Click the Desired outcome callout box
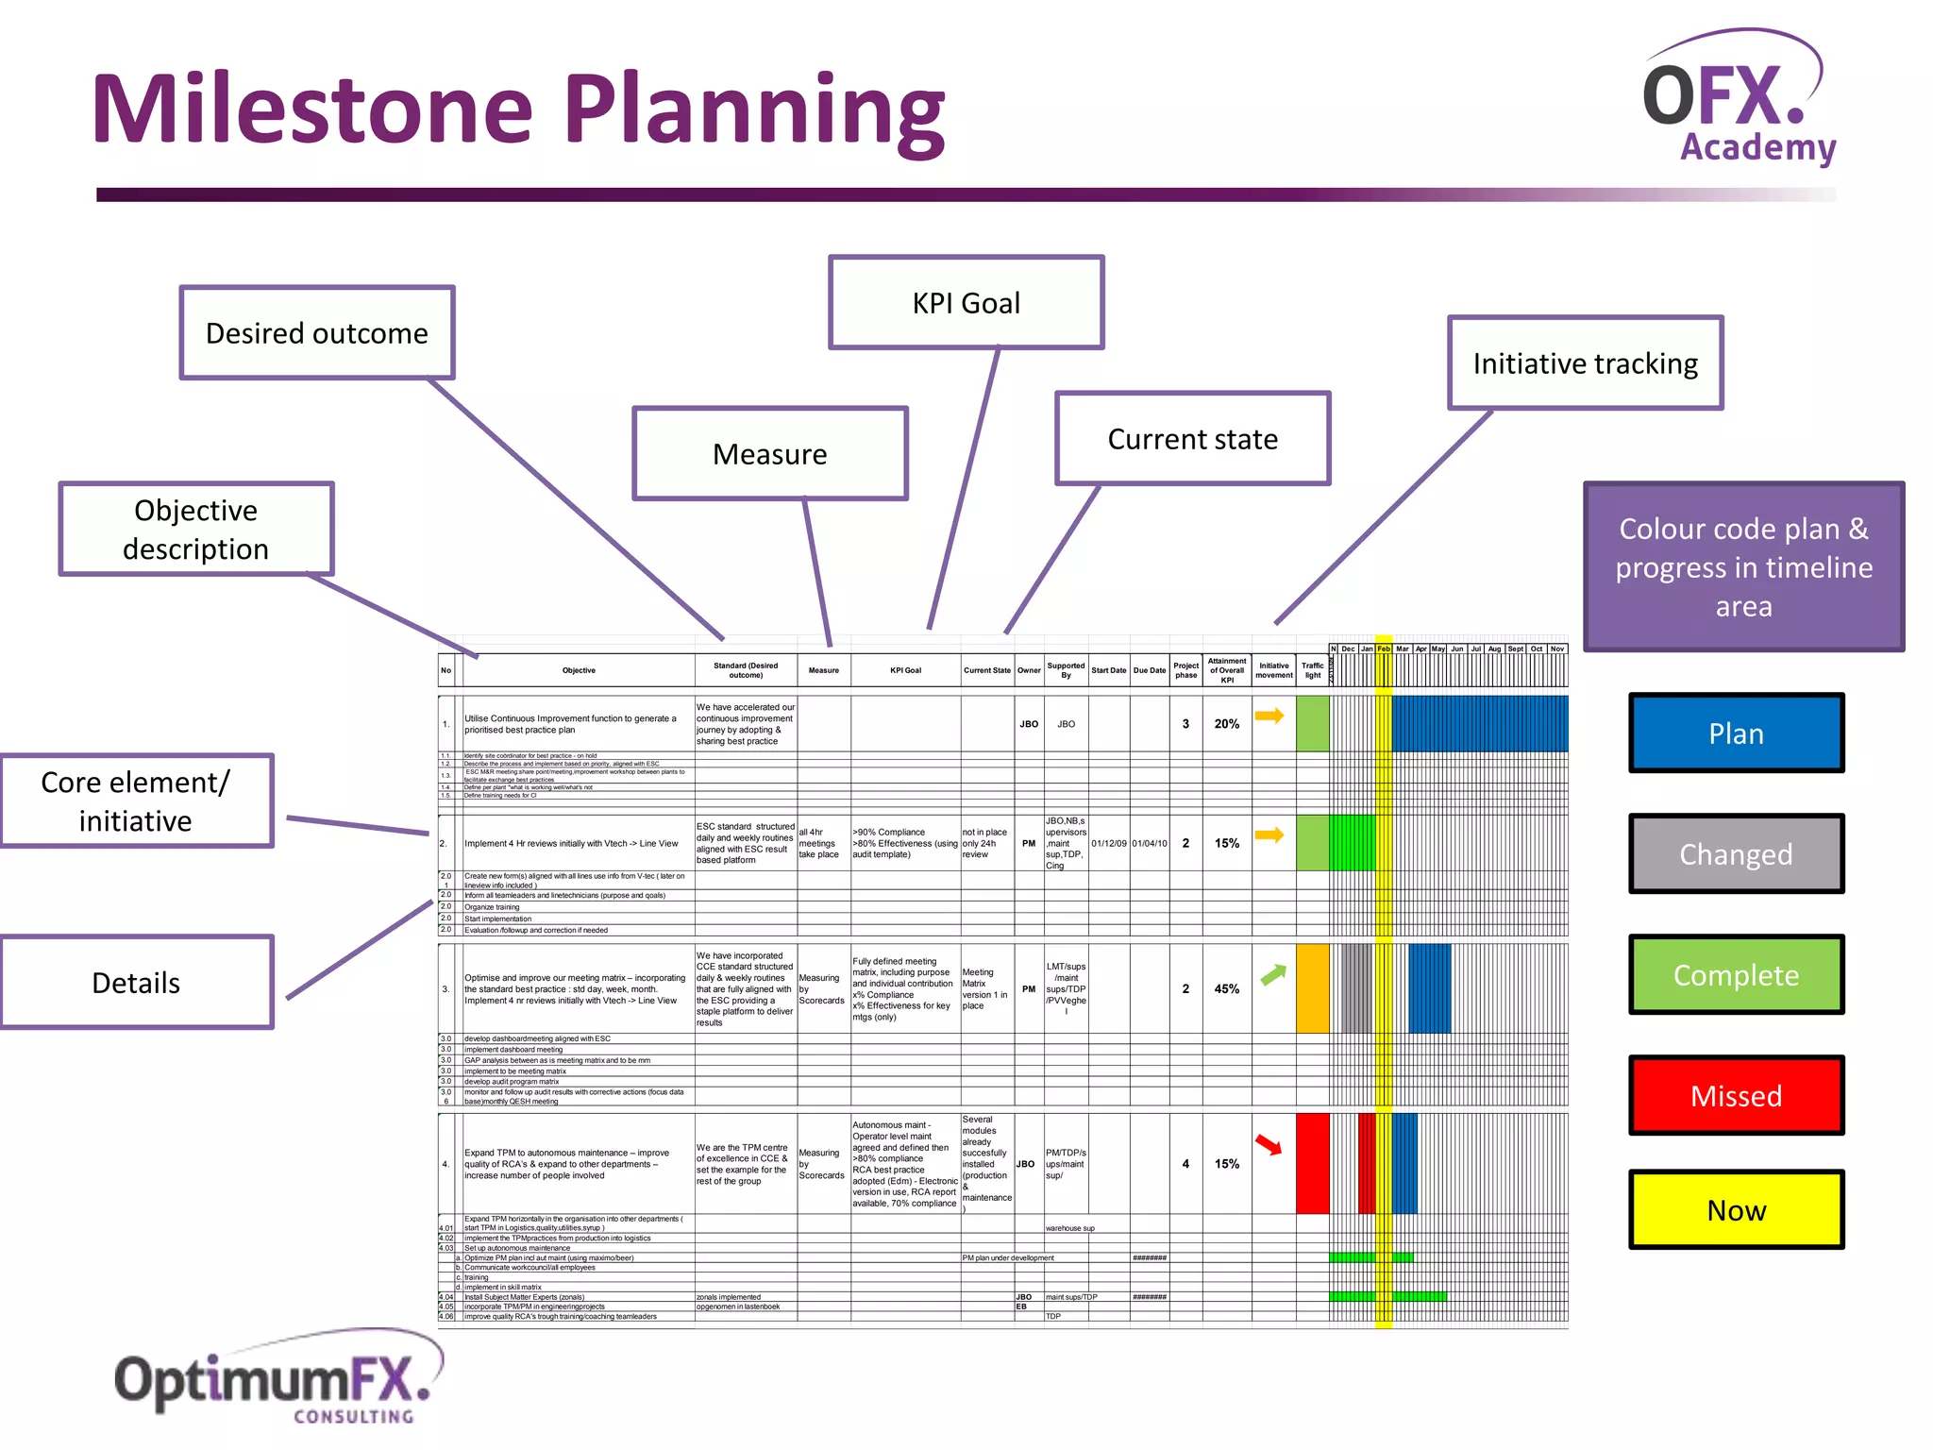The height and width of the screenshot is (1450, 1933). click(x=317, y=333)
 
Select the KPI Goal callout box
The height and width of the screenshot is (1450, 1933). click(x=966, y=303)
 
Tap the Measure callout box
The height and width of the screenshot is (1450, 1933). click(x=770, y=454)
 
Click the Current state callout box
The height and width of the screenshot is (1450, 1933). click(x=1192, y=439)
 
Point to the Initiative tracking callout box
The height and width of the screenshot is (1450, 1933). click(x=1585, y=363)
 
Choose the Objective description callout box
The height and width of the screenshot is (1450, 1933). click(x=196, y=530)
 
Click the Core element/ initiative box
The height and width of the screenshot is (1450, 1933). click(x=136, y=801)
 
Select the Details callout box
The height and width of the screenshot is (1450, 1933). click(x=136, y=983)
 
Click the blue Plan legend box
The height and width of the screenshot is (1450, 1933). click(x=1736, y=733)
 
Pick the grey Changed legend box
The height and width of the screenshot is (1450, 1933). click(x=1736, y=854)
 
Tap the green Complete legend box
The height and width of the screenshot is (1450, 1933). click(x=1736, y=975)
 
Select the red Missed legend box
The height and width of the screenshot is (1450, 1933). click(x=1736, y=1096)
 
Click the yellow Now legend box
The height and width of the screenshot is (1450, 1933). click(x=1736, y=1210)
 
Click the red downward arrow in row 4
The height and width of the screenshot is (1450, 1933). click(x=1269, y=1145)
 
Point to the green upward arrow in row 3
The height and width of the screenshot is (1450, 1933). click(x=1273, y=975)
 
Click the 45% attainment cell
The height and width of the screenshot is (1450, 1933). click(x=1227, y=989)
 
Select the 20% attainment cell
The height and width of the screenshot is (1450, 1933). click(x=1227, y=724)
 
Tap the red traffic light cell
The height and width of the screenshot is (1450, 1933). click(x=1312, y=1164)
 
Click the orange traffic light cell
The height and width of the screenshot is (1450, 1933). click(x=1312, y=988)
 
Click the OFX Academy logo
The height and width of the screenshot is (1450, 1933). click(x=1740, y=99)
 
